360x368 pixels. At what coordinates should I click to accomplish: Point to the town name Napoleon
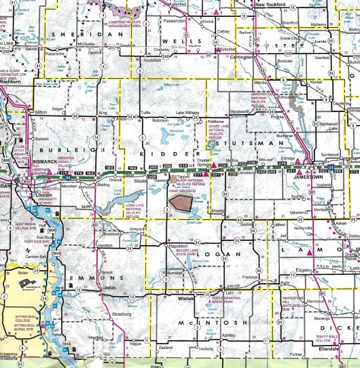click(177, 245)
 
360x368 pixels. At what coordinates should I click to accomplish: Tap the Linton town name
click(109, 287)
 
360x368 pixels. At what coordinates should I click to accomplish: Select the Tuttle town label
click(145, 112)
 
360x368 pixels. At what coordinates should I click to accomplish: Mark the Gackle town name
click(247, 223)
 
